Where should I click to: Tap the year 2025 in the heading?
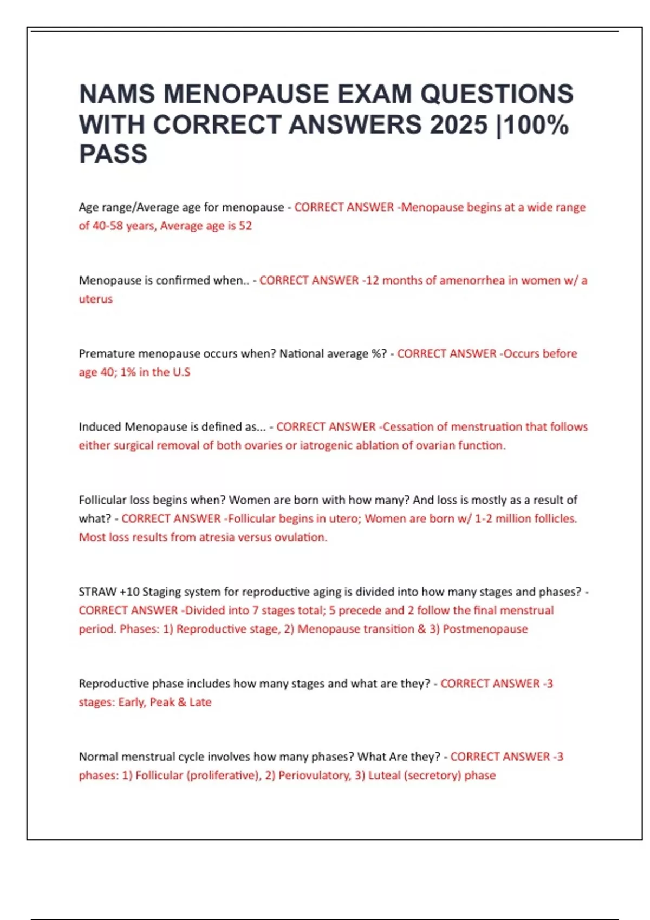tap(459, 124)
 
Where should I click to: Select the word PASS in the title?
tap(113, 154)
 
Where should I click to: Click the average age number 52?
tap(245, 226)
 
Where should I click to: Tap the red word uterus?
tap(96, 299)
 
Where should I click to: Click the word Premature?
tap(107, 353)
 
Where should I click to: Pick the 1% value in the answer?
tap(128, 372)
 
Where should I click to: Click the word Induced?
tap(100, 426)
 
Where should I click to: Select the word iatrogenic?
tap(329, 445)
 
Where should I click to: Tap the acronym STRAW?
tap(97, 592)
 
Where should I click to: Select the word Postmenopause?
tap(485, 629)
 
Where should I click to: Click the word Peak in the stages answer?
tap(162, 702)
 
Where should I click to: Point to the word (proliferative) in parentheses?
tap(223, 775)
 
